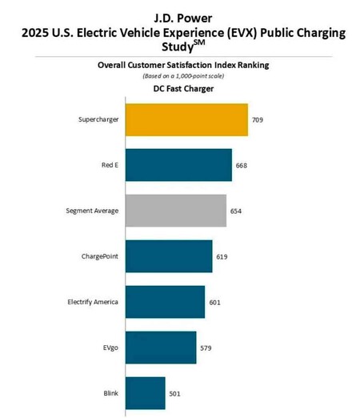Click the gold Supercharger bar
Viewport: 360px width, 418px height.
(186, 119)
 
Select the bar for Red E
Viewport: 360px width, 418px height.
(178, 165)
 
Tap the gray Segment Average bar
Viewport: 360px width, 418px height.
(176, 211)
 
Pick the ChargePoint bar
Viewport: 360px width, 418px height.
(169, 256)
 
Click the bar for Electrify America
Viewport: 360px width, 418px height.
(165, 302)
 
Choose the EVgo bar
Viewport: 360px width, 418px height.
(161, 348)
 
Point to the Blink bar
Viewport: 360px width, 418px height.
(145, 392)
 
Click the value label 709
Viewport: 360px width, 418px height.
(258, 120)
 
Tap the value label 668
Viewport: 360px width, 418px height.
(242, 166)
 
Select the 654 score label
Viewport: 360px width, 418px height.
(236, 211)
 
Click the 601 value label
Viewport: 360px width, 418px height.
(214, 303)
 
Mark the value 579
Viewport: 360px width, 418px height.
(206, 348)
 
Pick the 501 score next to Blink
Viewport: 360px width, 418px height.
(174, 393)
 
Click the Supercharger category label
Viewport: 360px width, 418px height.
(98, 120)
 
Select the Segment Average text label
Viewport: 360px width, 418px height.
(92, 211)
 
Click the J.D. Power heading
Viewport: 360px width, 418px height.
(180, 16)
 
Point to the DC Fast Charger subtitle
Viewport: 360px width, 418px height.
(181, 89)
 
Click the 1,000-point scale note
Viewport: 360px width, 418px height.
(181, 75)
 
